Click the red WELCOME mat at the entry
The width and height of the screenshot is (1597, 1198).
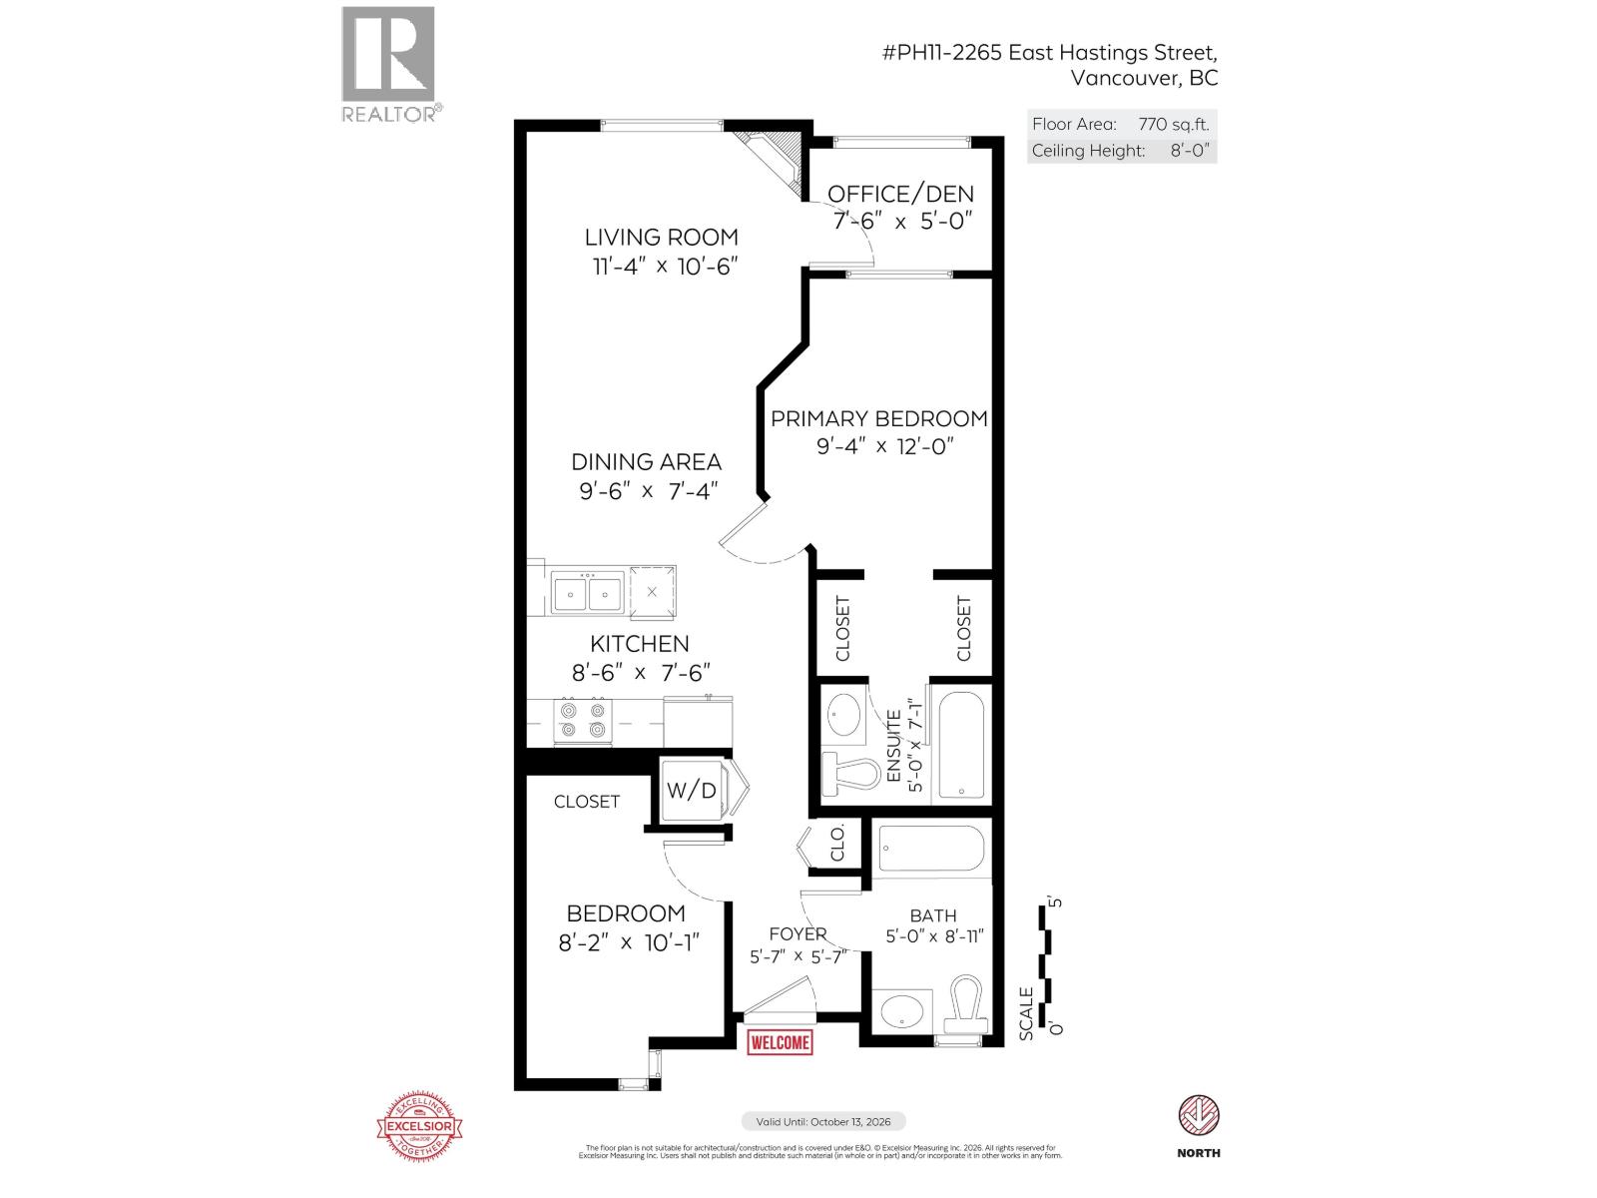tap(780, 1042)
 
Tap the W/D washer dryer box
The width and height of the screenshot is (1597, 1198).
tap(692, 791)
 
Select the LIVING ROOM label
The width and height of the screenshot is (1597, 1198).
tap(662, 238)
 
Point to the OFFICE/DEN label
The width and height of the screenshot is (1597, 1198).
tap(900, 194)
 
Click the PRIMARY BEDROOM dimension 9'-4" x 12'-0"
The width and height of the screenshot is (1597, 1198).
tap(879, 446)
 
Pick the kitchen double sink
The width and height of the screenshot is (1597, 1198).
tap(588, 593)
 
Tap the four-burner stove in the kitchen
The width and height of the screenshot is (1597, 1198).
tap(583, 721)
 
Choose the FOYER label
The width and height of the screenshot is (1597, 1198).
tap(798, 934)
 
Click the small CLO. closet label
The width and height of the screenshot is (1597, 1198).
tap(838, 844)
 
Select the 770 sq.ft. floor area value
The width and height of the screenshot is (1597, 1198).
tap(1173, 125)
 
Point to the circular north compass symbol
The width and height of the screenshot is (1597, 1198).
tap(1198, 1115)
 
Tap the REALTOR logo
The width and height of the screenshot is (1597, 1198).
tap(389, 62)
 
